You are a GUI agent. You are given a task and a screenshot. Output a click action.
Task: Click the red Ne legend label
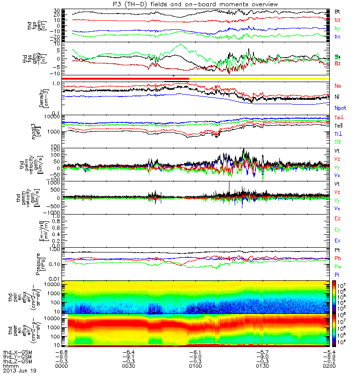coord(337,86)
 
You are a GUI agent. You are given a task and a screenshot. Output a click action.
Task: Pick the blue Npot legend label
coord(340,108)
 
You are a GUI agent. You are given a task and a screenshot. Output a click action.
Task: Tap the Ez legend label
coord(337,218)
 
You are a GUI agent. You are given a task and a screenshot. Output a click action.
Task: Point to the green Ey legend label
coord(337,229)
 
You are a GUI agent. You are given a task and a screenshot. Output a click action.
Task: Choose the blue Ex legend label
coord(337,240)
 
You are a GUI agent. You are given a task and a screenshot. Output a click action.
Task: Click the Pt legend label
coord(337,251)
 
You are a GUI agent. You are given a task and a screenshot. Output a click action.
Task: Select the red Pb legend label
coord(337,259)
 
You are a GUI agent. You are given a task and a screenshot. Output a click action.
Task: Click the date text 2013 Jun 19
coord(20,371)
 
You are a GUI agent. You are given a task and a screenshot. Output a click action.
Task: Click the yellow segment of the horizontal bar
coord(259,78)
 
